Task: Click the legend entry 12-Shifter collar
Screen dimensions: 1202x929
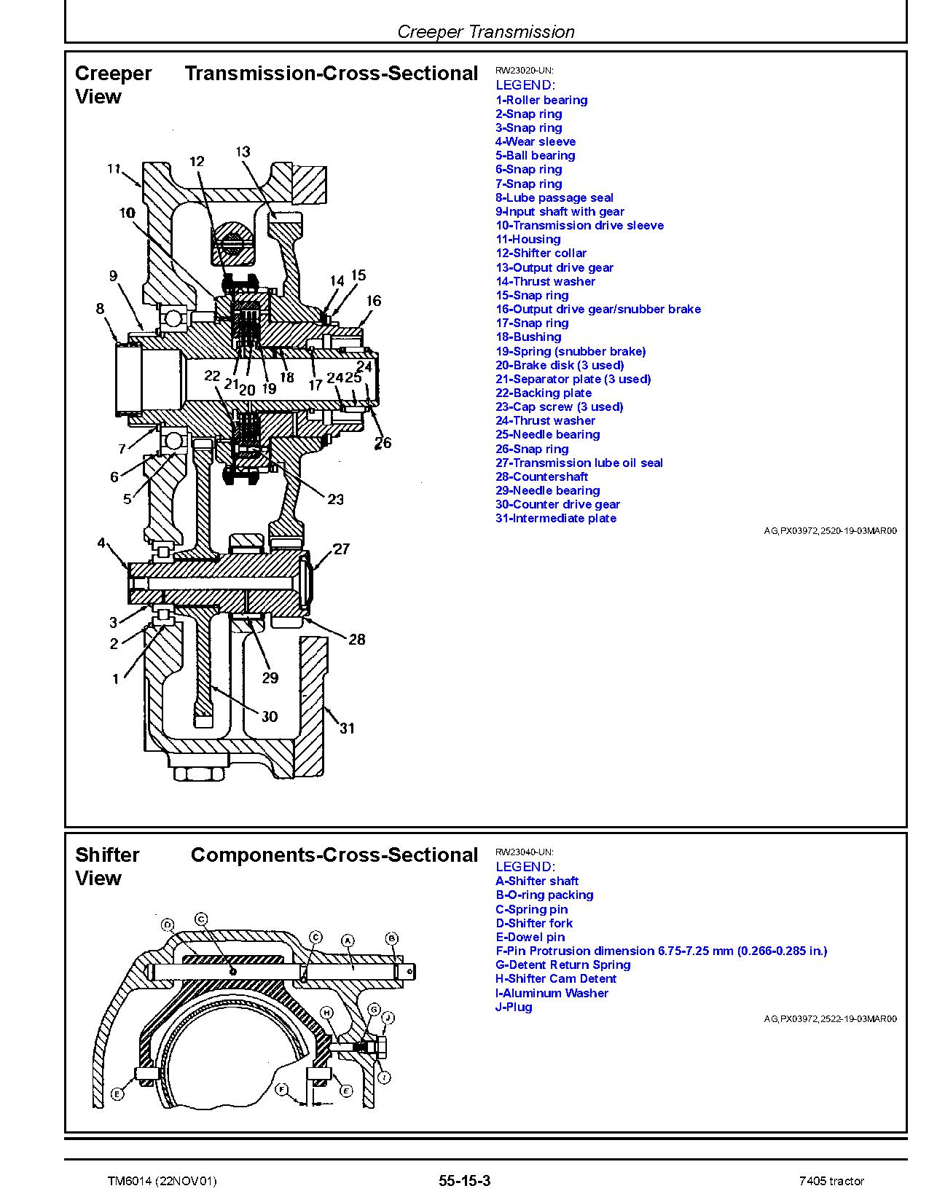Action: click(x=541, y=254)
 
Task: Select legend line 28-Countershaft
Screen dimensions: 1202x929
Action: click(x=541, y=477)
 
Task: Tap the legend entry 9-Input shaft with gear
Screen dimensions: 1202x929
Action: click(x=560, y=212)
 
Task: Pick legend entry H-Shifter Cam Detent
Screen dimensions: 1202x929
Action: click(x=555, y=979)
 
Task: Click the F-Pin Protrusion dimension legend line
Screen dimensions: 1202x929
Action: click(x=661, y=951)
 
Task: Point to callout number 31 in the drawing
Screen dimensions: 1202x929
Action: click(x=347, y=728)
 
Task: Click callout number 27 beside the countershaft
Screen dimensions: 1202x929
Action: click(x=341, y=549)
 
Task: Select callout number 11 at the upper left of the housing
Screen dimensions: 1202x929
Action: click(x=114, y=169)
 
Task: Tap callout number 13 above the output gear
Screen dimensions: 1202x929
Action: click(x=243, y=152)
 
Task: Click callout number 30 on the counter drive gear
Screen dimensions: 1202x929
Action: click(x=270, y=717)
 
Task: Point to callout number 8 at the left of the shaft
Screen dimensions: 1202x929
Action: click(x=101, y=309)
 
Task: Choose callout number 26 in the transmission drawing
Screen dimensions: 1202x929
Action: click(x=383, y=442)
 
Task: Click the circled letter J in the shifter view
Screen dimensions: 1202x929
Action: click(x=388, y=1018)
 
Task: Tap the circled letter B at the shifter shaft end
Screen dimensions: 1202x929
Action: click(x=391, y=938)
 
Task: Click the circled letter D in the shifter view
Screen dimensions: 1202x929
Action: click(x=168, y=926)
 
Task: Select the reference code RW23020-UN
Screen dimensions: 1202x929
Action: click(x=524, y=71)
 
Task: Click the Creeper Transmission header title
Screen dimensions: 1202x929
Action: click(x=486, y=32)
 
